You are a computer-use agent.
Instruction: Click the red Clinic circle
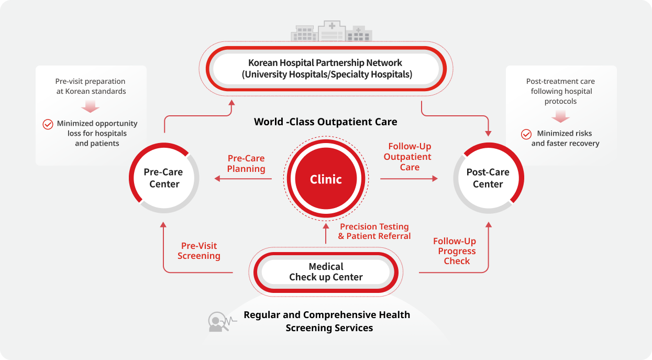(x=326, y=179)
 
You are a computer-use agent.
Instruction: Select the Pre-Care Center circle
(x=164, y=178)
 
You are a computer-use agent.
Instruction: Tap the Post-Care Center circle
(x=488, y=178)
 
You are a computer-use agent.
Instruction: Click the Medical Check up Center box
(x=326, y=272)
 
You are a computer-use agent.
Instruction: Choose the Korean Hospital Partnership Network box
(x=325, y=69)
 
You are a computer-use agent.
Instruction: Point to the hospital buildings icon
(x=331, y=31)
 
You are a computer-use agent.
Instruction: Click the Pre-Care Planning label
(x=246, y=163)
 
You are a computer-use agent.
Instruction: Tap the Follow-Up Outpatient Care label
(x=409, y=157)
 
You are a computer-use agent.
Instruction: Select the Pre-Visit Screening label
(x=199, y=251)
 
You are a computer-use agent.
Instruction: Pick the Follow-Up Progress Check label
(x=455, y=251)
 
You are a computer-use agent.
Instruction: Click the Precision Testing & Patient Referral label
(x=374, y=231)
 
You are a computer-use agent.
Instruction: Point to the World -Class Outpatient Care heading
(x=325, y=122)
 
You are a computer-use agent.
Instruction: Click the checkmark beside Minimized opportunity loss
(x=48, y=124)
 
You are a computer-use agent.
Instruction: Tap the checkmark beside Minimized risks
(x=526, y=134)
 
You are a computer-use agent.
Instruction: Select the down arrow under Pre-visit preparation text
(x=91, y=107)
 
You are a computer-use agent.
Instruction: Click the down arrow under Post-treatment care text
(x=560, y=117)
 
